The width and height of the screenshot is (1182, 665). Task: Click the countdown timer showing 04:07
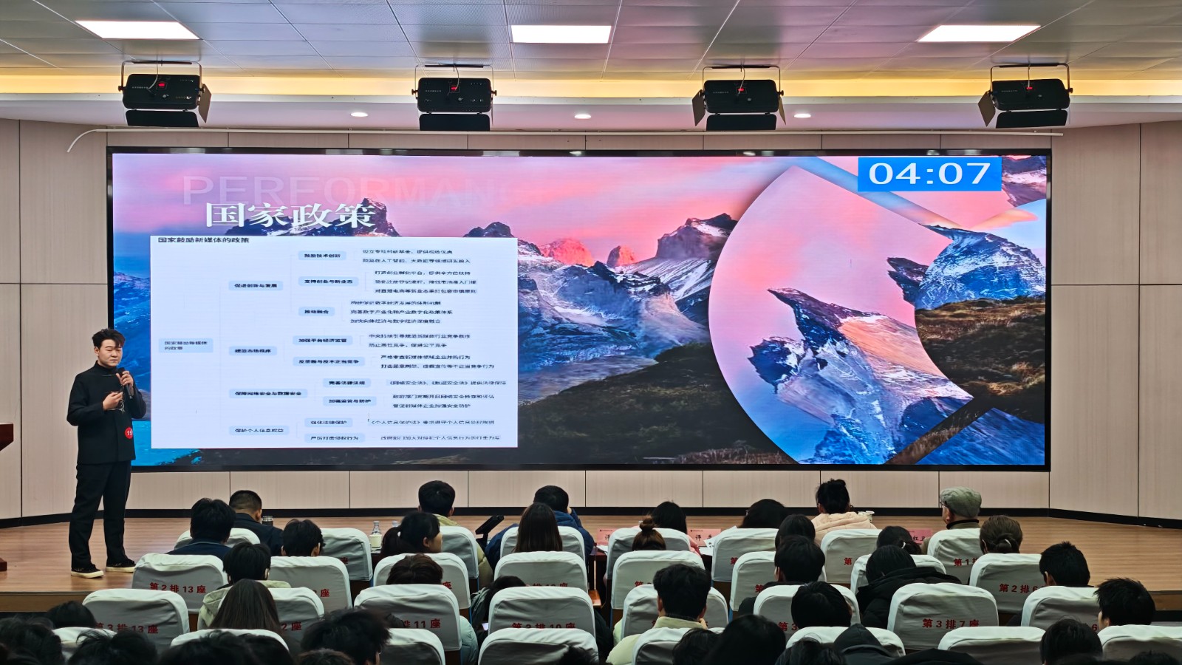click(929, 174)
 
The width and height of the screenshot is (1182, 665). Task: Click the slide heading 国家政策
click(290, 215)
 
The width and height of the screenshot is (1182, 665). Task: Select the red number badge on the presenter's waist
click(129, 433)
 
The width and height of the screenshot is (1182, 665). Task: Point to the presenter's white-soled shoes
click(103, 567)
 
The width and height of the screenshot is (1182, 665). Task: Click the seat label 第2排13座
click(177, 589)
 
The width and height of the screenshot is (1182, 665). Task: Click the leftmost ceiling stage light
click(163, 95)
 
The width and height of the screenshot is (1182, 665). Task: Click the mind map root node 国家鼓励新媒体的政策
click(185, 344)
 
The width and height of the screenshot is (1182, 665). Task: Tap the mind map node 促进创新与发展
click(256, 285)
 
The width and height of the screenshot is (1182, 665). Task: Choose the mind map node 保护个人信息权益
click(259, 430)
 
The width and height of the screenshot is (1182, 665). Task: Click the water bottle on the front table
click(375, 535)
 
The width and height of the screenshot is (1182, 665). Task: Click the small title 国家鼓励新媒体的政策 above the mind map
click(203, 240)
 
